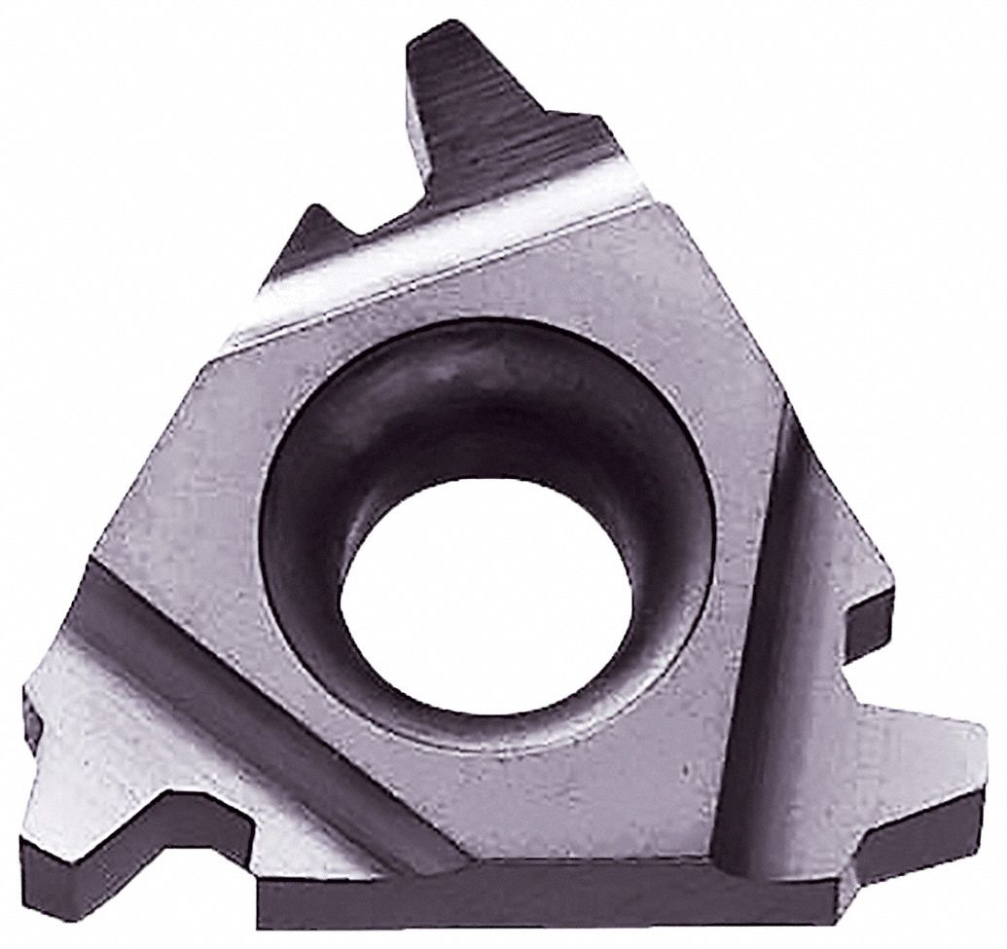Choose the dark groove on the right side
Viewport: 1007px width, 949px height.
point(769,662)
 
